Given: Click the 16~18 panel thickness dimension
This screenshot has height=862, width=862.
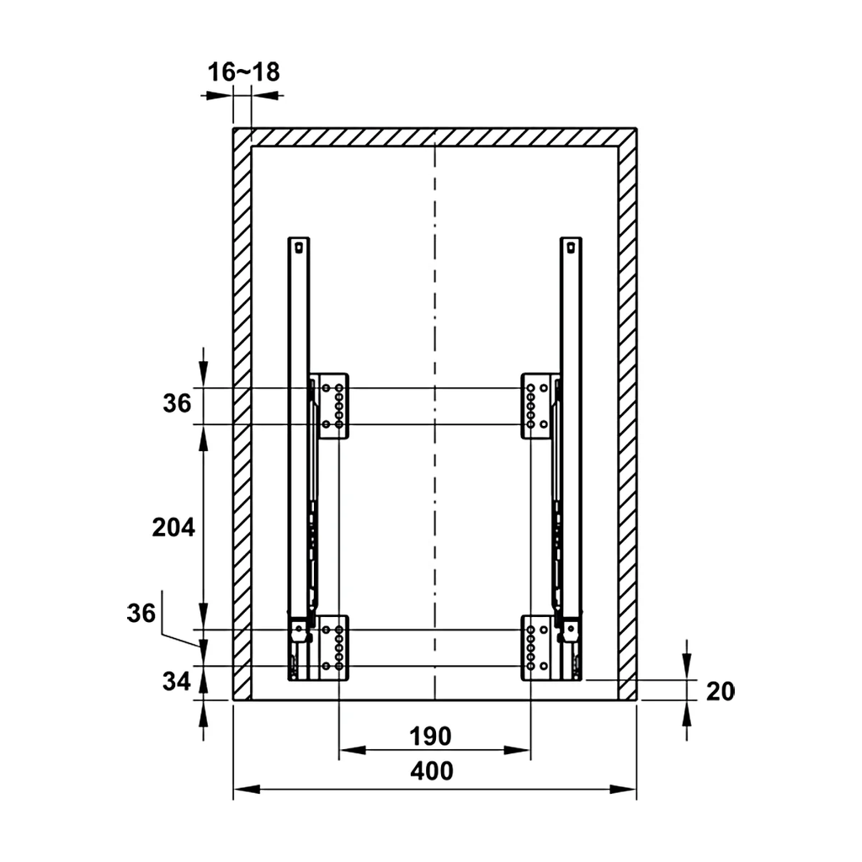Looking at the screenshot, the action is (x=243, y=72).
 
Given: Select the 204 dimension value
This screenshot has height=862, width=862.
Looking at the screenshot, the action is (x=173, y=527).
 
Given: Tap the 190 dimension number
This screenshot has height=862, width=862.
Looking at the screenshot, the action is (x=430, y=736).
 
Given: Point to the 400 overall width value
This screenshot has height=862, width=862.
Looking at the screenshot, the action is (x=432, y=771).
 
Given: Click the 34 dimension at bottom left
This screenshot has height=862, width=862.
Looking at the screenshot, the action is (x=177, y=681).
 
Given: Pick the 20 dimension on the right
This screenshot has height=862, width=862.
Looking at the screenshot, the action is (x=720, y=692).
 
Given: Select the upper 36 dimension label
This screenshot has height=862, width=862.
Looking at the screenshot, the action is (x=177, y=403).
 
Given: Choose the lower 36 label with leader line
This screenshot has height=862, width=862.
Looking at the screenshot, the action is (x=141, y=613).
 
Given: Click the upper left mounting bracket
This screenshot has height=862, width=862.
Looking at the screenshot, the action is (x=333, y=407).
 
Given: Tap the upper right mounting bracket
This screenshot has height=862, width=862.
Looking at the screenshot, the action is (x=536, y=407).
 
